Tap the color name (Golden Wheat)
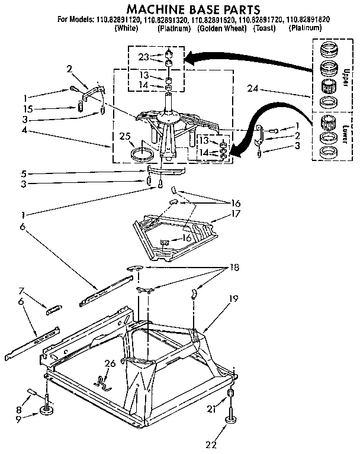point(222,28)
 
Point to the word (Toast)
point(265,28)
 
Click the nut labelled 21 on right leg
point(230,395)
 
